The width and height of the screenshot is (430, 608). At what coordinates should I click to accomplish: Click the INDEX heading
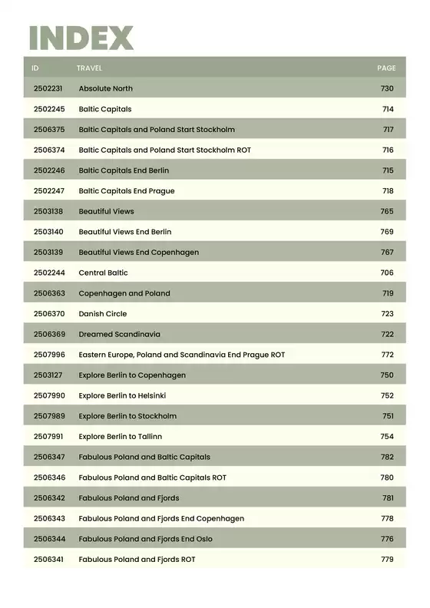point(81,38)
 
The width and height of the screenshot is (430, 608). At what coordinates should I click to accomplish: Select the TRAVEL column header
point(89,68)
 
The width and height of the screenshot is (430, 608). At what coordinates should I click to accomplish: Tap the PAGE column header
point(386,68)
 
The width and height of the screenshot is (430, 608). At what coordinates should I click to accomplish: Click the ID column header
point(35,68)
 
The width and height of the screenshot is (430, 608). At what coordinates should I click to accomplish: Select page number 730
point(387,89)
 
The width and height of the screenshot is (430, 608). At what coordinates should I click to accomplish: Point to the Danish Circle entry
point(103,314)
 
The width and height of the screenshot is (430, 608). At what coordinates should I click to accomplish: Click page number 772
point(387,355)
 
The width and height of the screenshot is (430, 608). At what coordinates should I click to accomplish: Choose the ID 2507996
point(49,355)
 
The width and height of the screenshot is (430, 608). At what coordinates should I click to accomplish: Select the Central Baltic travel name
point(103,273)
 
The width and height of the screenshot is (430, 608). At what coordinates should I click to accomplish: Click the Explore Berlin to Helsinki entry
point(122,396)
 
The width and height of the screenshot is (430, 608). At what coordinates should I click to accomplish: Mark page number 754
point(387,437)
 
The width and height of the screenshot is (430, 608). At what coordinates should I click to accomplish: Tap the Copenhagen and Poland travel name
point(124,293)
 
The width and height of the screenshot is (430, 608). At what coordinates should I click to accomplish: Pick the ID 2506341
point(49,560)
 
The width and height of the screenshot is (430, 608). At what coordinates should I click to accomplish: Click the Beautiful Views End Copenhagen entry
point(138,253)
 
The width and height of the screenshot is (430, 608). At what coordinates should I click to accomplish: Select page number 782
point(387,458)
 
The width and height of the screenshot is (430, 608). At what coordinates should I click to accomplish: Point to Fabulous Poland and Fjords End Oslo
point(145,539)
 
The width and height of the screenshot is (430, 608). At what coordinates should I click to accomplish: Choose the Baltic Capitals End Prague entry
point(127,191)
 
